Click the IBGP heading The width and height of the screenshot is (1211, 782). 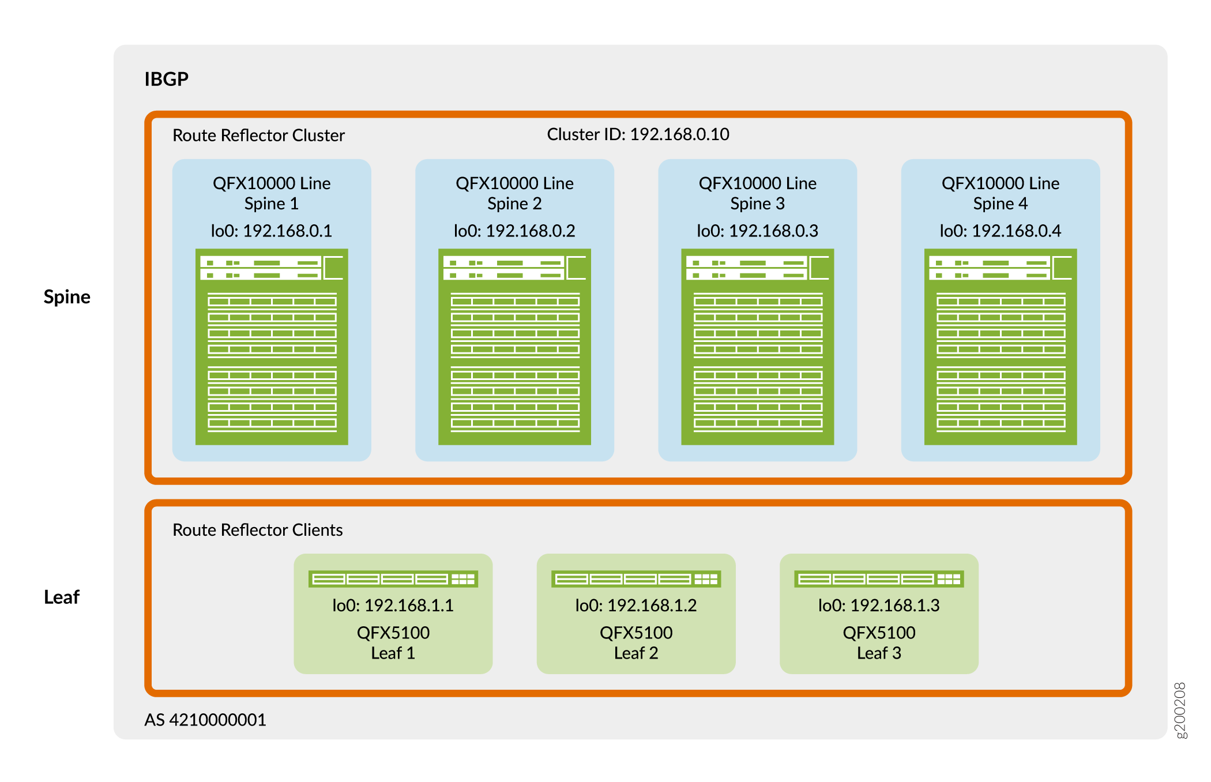click(x=166, y=79)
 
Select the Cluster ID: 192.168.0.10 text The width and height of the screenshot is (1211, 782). click(x=638, y=134)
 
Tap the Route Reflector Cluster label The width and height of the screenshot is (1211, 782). click(x=258, y=136)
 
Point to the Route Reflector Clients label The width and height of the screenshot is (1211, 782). click(x=257, y=530)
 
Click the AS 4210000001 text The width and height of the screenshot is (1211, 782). click(x=205, y=720)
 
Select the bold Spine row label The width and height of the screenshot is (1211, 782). click(x=67, y=296)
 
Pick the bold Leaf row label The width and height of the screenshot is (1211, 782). click(x=62, y=597)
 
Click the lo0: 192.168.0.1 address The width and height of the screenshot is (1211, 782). click(x=271, y=231)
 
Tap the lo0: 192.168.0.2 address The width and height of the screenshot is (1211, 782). click(x=514, y=231)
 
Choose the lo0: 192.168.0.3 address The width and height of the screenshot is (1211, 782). click(x=757, y=231)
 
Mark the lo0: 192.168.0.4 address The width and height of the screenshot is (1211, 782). click(x=1000, y=231)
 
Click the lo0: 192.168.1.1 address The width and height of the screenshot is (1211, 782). click(x=393, y=606)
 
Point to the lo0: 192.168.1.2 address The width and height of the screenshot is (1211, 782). click(x=635, y=606)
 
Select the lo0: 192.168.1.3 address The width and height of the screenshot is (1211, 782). click(x=879, y=606)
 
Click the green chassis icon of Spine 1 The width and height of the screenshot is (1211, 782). click(x=272, y=347)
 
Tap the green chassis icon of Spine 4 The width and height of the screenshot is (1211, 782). click(x=1001, y=347)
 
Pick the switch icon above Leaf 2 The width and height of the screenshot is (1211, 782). click(x=635, y=579)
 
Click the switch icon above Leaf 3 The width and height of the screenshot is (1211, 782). click(x=879, y=579)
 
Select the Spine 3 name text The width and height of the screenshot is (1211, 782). click(x=757, y=204)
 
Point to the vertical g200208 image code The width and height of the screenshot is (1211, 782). click(x=1180, y=710)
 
